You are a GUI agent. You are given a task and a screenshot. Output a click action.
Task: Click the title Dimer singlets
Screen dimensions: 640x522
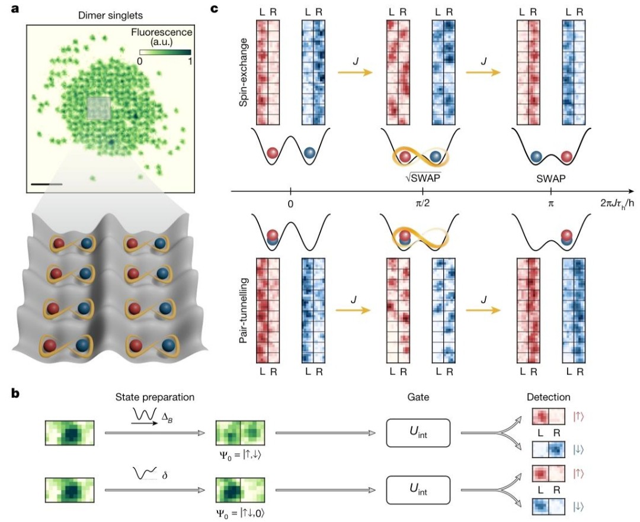tap(110, 16)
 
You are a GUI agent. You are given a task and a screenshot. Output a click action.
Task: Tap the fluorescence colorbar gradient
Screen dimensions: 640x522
tap(165, 52)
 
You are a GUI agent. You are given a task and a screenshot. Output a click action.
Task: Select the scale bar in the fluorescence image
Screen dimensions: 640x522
tap(47, 185)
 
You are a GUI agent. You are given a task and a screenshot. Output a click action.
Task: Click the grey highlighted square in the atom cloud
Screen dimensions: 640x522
tap(99, 108)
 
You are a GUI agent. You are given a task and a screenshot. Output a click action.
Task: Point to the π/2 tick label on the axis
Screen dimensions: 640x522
tap(423, 203)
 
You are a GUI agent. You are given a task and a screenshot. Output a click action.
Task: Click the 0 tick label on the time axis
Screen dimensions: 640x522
tap(290, 204)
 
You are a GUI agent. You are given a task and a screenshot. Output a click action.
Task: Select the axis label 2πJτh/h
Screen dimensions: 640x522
tap(617, 204)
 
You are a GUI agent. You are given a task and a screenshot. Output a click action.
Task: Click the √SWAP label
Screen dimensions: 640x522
tap(423, 178)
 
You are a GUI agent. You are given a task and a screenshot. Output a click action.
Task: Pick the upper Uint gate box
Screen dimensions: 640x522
tap(418, 433)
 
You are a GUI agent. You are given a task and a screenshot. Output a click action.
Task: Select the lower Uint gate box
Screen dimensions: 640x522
tap(418, 490)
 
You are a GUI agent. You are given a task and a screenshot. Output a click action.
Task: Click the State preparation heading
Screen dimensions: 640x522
tap(155, 397)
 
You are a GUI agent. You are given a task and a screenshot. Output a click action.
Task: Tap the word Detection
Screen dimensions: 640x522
tap(549, 397)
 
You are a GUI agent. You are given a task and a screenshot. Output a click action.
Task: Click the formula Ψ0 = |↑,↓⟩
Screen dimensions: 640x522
tap(241, 455)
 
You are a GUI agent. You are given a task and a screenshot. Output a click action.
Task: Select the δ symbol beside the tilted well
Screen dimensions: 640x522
tap(165, 474)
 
